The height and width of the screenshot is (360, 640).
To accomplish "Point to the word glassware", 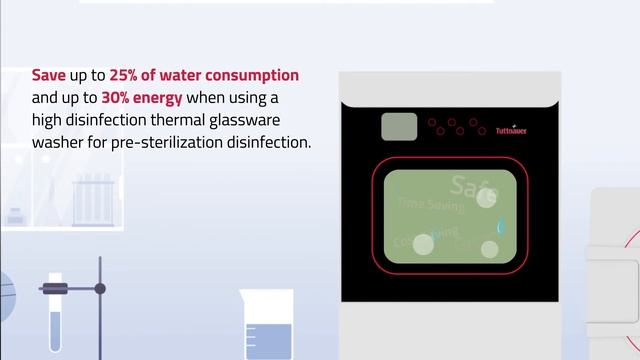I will click(263, 120).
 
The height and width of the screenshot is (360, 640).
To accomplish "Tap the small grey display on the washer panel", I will click(399, 127).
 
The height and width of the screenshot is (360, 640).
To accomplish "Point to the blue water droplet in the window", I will click(502, 228).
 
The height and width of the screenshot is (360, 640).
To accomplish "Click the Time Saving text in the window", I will click(430, 204).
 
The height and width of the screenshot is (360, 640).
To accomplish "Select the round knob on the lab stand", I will click(101, 288).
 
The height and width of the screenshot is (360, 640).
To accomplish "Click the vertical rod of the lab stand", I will click(101, 320).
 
